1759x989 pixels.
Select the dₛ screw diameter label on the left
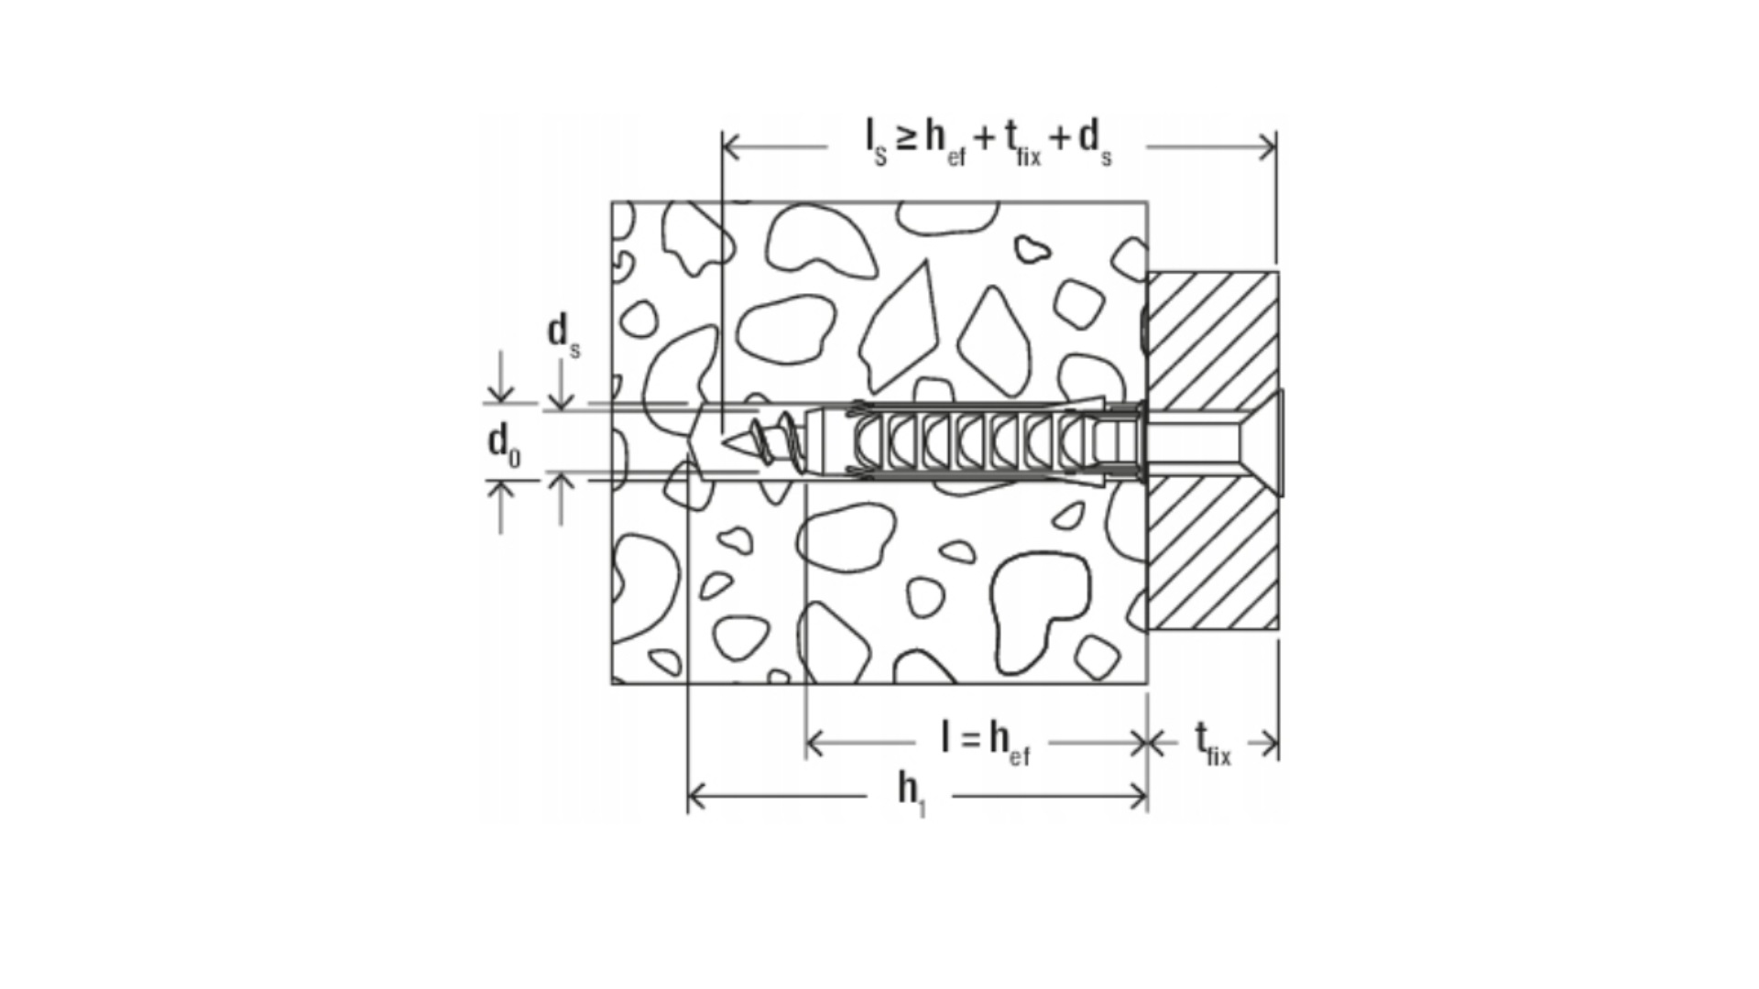click(563, 335)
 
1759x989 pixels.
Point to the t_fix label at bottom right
click(1213, 743)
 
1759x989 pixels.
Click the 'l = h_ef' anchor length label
click(986, 741)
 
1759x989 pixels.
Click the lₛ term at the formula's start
click(877, 142)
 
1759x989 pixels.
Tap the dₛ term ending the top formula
click(1096, 142)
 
